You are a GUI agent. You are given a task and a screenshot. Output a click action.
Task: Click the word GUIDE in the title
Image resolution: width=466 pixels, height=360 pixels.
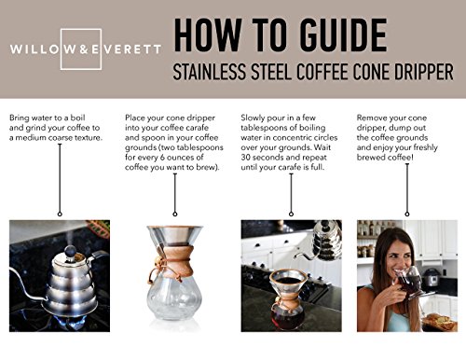pyautogui.click(x=343, y=35)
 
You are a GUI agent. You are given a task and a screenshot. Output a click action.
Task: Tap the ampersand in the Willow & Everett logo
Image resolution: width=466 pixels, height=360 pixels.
pyautogui.click(x=84, y=49)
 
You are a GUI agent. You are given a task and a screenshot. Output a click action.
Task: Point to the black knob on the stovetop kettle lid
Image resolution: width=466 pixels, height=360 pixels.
pyautogui.click(x=70, y=251)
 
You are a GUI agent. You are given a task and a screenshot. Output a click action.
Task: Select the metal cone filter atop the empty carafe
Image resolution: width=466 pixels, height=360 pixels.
pyautogui.click(x=175, y=236)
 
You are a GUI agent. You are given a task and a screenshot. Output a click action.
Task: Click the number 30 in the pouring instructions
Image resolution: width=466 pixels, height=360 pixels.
pyautogui.click(x=245, y=158)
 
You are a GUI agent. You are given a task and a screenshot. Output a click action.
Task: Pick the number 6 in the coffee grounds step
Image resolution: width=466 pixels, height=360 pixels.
pyautogui.click(x=162, y=158)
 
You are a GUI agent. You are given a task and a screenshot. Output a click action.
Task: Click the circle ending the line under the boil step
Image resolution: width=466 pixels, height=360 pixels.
pyautogui.click(x=60, y=214)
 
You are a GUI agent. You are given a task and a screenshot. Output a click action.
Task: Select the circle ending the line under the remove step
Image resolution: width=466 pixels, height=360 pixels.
pyautogui.click(x=407, y=214)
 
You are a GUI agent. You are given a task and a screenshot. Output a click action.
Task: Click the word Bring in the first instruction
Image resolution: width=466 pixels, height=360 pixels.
pyautogui.click(x=20, y=118)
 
